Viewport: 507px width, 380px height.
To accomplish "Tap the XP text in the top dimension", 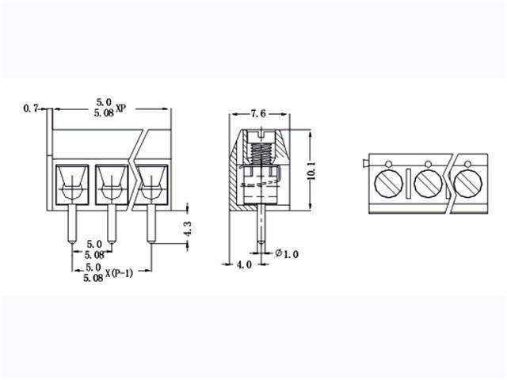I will pyautogui.click(x=121, y=108).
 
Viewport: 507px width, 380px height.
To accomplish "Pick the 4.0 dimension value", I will pyautogui.click(x=244, y=264).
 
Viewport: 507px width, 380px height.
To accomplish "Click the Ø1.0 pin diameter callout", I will pyautogui.click(x=287, y=253).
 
